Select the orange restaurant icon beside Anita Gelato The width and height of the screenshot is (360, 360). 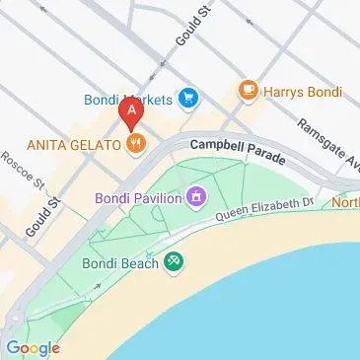pos(136,144)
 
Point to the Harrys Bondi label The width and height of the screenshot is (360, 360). pos(304,92)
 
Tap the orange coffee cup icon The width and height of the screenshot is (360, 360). pos(249,92)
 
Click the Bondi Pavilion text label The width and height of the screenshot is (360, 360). pos(137,198)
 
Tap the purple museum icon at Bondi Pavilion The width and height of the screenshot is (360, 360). pos(197,198)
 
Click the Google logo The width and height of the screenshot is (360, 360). pos(34,347)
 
